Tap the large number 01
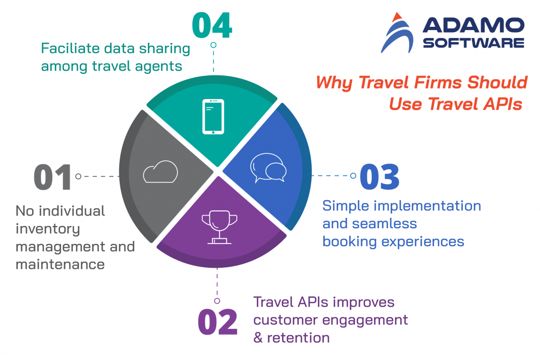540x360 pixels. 52,177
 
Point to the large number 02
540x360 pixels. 217,322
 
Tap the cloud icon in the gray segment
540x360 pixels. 160,172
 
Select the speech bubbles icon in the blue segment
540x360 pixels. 268,168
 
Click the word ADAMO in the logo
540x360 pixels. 473,25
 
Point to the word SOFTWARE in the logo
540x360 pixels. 474,43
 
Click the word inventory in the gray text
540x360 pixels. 47,229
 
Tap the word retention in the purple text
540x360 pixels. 299,337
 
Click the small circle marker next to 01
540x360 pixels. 78,177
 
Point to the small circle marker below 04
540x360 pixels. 213,45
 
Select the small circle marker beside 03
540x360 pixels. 353,176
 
